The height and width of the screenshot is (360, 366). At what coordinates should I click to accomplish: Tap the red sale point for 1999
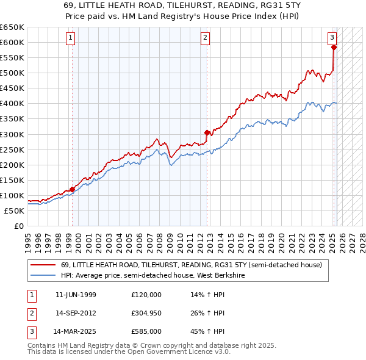point(73,189)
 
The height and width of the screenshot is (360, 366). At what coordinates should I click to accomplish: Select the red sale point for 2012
point(207,132)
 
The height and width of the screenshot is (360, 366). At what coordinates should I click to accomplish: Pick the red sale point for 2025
point(334,47)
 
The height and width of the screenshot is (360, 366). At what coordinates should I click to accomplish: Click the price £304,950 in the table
point(146,313)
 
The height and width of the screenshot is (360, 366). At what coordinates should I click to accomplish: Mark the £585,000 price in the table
point(146,332)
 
